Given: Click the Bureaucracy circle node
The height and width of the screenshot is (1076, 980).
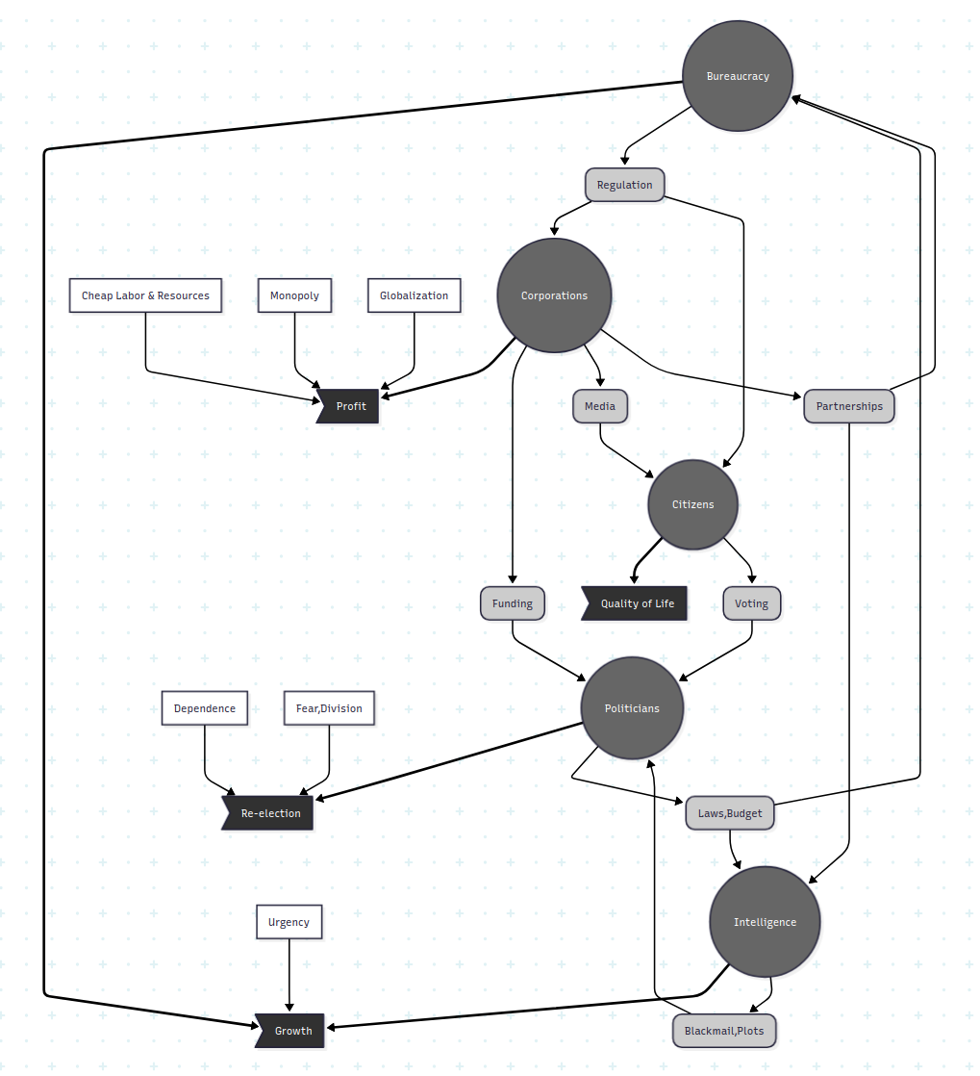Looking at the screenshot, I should tap(738, 76).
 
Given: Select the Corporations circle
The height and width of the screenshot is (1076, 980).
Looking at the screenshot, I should tap(554, 295).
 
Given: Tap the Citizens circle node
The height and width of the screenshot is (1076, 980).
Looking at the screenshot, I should tap(692, 504).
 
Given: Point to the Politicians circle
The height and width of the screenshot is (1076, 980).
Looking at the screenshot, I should tap(632, 708).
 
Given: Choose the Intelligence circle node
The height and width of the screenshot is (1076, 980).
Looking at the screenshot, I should tap(765, 922).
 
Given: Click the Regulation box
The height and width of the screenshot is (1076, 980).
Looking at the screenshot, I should tap(624, 185).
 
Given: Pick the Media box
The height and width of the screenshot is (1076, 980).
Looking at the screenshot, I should tap(599, 406).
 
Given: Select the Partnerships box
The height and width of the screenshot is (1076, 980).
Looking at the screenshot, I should tap(849, 406).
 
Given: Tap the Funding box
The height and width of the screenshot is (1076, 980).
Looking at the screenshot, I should tap(513, 603).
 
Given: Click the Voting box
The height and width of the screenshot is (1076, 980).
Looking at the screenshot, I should tap(751, 603).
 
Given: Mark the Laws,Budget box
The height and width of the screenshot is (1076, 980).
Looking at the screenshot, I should tap(730, 813).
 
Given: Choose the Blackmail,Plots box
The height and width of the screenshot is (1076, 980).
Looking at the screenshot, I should tap(724, 1031).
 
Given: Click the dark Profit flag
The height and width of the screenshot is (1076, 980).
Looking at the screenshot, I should tap(350, 406).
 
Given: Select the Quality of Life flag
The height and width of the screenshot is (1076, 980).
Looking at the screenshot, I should tap(637, 603).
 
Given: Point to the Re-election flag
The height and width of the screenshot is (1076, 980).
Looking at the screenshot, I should tap(270, 813).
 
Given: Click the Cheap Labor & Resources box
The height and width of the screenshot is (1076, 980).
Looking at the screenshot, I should tap(145, 295).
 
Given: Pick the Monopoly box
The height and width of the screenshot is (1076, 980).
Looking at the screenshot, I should tap(294, 295).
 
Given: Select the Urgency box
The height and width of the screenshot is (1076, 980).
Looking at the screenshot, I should tap(289, 922).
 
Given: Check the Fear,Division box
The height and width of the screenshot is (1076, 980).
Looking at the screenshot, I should tap(329, 708).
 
